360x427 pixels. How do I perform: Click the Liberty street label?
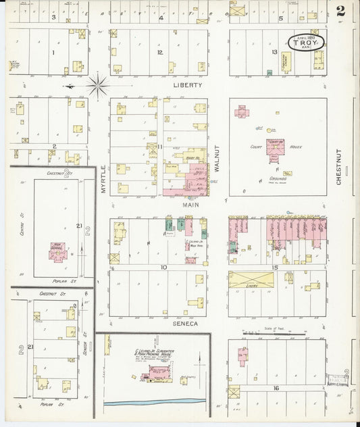pyautogui.click(x=188, y=86)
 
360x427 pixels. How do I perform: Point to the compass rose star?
pyautogui.click(x=99, y=85)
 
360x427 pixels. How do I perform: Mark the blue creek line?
pyautogui.click(x=155, y=402)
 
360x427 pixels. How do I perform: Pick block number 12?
pyautogui.click(x=160, y=52)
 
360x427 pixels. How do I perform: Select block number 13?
pyautogui.click(x=275, y=52)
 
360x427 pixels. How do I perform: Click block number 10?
pyautogui.click(x=163, y=268)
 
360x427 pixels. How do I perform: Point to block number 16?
pyautogui.click(x=276, y=388)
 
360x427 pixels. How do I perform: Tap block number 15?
pyautogui.click(x=275, y=268)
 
